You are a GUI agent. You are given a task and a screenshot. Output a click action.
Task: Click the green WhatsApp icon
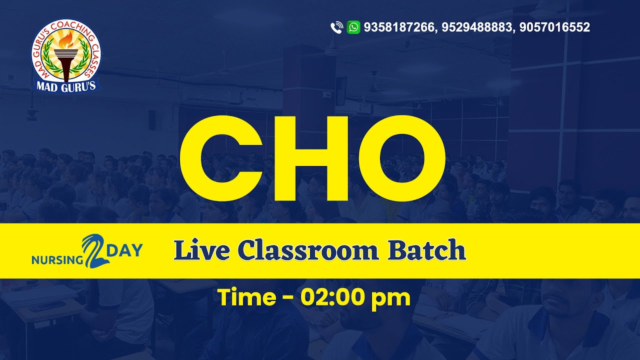point(353,27)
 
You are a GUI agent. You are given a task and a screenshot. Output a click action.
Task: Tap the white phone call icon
point(336,27)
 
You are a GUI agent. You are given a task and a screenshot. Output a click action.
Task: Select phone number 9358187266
point(399,27)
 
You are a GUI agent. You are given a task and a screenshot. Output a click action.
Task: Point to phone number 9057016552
point(554,27)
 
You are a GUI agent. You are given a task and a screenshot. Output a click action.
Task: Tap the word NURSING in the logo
point(56,260)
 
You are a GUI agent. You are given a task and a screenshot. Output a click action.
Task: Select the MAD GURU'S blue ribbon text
point(66,85)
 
